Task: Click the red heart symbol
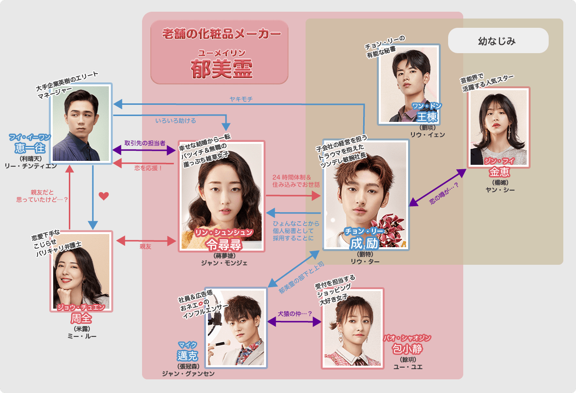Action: point(103,196)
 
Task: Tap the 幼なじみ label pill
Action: point(496,41)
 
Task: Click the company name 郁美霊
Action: point(222,69)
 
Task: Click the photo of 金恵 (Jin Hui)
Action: point(498,127)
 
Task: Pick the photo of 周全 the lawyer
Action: point(81,271)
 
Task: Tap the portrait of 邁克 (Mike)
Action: point(236,327)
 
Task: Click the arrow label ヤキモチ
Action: point(241,99)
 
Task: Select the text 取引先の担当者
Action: point(144,143)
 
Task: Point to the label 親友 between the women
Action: point(145,247)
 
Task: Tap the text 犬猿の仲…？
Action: point(295,314)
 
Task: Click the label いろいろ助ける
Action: point(176,120)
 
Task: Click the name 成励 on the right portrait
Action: point(365,242)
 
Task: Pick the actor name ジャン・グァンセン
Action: point(188,373)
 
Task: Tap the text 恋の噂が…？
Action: point(441,194)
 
